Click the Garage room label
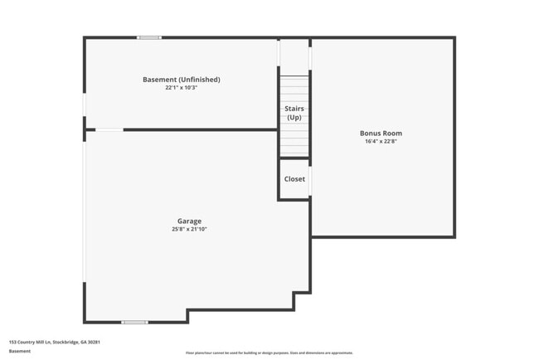189,221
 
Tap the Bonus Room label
381,133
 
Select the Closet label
294,179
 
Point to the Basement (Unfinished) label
181,80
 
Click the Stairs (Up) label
294,113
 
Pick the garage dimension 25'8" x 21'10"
189,229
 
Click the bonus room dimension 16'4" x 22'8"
381,141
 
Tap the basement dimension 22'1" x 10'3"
181,87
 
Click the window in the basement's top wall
149,37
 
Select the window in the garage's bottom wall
134,322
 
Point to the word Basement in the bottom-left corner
20,351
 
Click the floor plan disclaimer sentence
269,353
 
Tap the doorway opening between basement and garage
109,129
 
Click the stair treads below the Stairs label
294,141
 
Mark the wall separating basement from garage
199,129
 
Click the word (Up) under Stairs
294,118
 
